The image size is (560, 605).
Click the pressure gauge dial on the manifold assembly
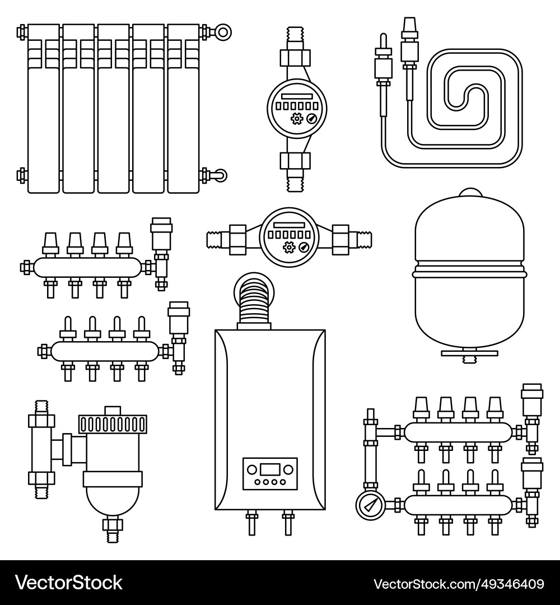click(368, 505)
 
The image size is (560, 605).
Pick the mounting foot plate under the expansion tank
click(469, 353)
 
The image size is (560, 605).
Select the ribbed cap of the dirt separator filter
click(113, 424)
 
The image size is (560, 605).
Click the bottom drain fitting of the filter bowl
click(113, 528)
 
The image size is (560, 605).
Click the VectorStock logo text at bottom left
click(68, 583)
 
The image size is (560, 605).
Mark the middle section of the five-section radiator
click(113, 109)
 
